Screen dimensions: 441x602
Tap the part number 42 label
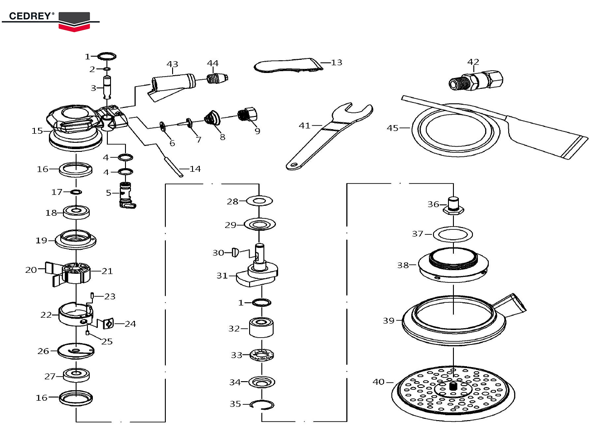point(473,62)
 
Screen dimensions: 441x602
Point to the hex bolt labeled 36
point(453,206)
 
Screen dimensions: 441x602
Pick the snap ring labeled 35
point(262,404)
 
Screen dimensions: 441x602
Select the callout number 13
point(337,63)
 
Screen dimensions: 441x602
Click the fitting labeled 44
point(217,78)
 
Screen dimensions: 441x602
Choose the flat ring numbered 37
point(453,234)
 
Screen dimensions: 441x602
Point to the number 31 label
point(222,276)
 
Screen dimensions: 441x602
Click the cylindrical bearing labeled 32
point(261,327)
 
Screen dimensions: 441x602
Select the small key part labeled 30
point(235,252)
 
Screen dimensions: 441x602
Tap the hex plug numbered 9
point(247,114)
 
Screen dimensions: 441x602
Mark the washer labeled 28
point(259,200)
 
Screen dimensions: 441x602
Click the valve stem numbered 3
point(108,87)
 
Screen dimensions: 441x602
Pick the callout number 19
point(41,240)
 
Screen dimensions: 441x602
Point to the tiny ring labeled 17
point(76,192)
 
